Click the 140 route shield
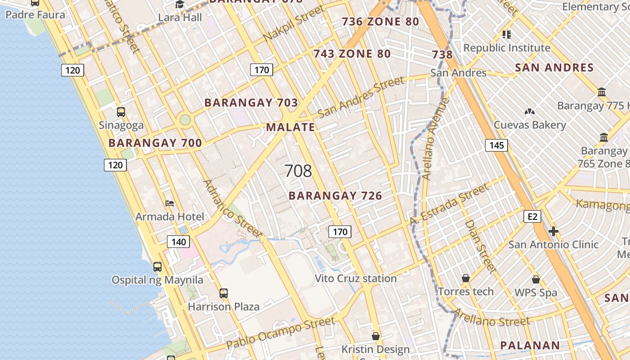(179, 242)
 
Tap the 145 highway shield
(496, 145)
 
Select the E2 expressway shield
(532, 216)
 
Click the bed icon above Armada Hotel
(170, 203)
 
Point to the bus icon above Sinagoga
(121, 112)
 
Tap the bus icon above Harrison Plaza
(224, 293)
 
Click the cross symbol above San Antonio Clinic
(553, 231)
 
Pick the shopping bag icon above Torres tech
(466, 279)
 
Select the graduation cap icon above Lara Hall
(180, 4)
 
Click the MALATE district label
(291, 127)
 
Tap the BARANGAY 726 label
(335, 196)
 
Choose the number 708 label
(298, 171)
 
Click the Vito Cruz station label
(355, 279)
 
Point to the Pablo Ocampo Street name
(280, 333)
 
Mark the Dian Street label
(480, 246)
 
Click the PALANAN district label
(530, 346)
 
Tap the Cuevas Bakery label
(530, 125)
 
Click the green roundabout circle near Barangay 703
(185, 120)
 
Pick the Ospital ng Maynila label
(157, 280)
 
